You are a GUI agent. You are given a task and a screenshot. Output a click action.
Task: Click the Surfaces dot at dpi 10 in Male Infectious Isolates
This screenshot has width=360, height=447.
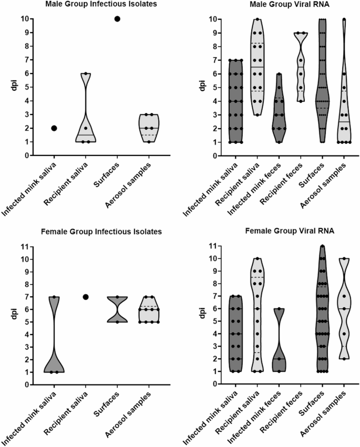[x=117, y=19]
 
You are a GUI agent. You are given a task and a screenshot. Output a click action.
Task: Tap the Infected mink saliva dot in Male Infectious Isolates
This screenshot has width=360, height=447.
[x=54, y=128]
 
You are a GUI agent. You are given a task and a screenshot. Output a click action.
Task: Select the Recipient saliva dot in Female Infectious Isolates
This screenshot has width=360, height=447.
[x=85, y=297]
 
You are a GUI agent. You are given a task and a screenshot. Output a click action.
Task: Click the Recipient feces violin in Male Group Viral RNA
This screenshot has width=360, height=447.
[x=301, y=68]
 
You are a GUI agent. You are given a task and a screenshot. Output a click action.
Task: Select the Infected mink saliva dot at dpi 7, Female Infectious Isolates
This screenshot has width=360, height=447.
[x=54, y=297]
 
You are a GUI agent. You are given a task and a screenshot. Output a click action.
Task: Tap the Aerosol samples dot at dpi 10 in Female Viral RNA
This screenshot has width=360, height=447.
[x=343, y=258]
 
